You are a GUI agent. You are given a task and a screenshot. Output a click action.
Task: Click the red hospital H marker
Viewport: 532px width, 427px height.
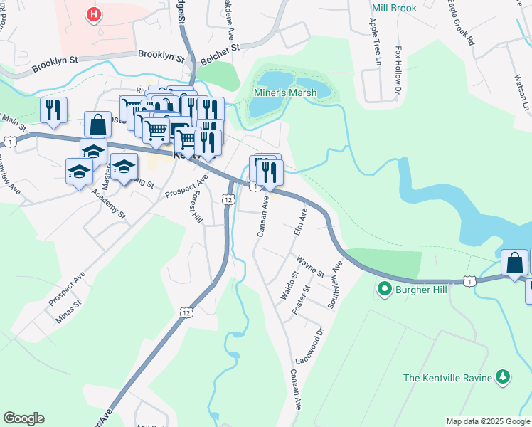coord(92,14)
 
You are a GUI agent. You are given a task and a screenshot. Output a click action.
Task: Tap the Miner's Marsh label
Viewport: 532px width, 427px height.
coord(285,93)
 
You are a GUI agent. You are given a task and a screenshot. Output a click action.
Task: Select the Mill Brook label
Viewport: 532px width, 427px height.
coord(394,9)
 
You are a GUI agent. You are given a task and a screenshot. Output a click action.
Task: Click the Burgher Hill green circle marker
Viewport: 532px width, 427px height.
coord(385,289)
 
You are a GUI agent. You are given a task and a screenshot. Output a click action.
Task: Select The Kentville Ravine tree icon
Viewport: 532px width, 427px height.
coord(503,376)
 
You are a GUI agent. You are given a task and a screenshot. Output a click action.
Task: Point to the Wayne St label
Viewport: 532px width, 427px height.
coord(311,268)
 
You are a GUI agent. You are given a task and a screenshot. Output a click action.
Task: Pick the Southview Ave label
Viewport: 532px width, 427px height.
coord(334,283)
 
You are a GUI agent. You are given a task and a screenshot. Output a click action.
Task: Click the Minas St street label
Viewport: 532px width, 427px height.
coord(69,312)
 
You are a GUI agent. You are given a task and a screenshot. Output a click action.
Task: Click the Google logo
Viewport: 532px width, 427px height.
coord(23,418)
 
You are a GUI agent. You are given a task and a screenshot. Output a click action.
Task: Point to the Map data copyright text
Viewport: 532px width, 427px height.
coord(487,421)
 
